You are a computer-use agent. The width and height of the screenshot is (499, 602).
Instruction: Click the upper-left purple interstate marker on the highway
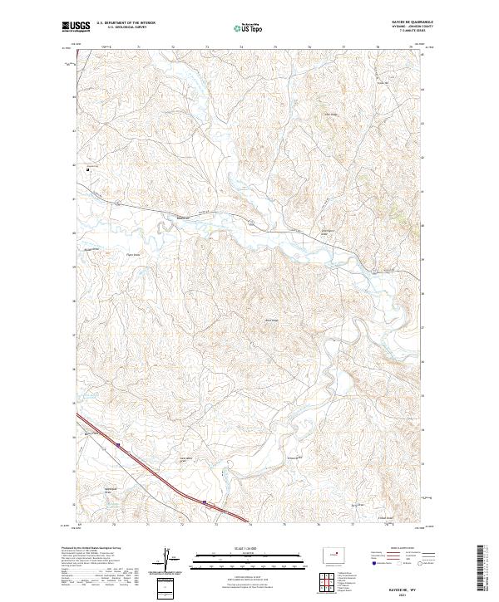coord(119,446)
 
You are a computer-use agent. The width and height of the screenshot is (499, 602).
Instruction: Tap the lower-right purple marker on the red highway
coord(205,502)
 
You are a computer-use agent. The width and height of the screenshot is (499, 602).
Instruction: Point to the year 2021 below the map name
coord(404,595)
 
